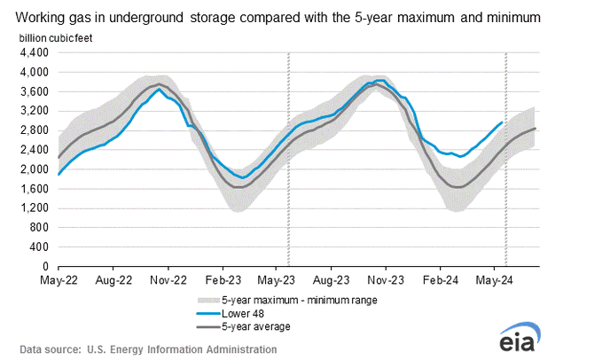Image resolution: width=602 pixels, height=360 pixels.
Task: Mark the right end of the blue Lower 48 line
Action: [x=503, y=122]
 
